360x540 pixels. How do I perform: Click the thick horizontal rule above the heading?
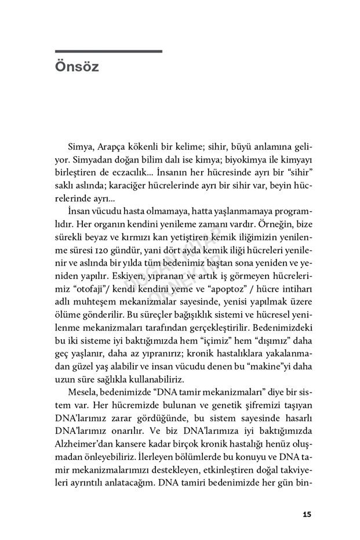tap(108, 52)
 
